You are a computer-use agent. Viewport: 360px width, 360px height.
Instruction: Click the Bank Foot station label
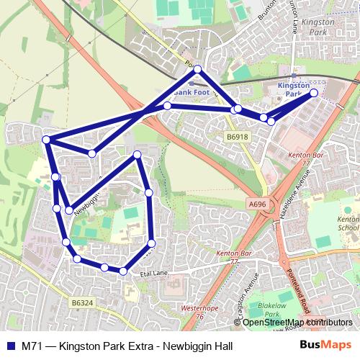point(189,93)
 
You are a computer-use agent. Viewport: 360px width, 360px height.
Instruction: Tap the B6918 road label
point(237,136)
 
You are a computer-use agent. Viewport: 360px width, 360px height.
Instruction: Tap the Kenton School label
point(348,223)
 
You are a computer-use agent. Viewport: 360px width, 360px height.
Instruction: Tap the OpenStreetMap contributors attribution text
point(297,323)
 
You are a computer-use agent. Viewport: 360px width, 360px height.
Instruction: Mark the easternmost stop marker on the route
point(314,93)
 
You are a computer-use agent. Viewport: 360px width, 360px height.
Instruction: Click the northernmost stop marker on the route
point(198,70)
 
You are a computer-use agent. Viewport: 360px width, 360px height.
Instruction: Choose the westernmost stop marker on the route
point(46,140)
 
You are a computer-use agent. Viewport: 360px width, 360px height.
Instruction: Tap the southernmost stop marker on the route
point(123,271)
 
